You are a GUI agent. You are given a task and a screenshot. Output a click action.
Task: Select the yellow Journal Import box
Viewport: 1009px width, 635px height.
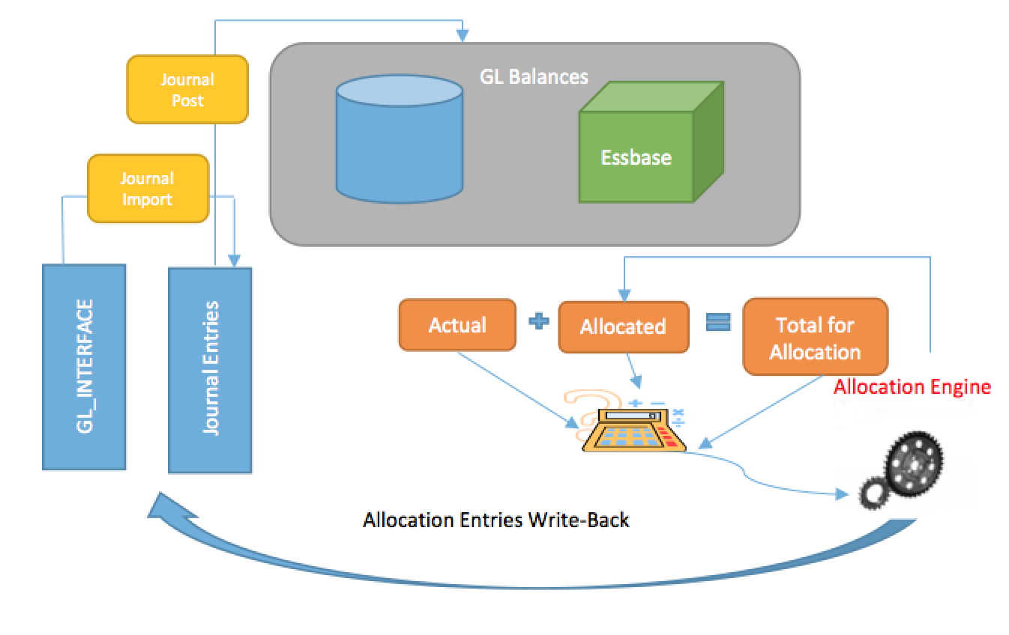pos(148,189)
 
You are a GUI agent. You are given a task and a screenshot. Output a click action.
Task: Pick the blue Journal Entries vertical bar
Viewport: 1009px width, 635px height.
pos(210,369)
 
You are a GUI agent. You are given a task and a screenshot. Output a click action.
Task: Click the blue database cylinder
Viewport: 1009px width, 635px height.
pos(398,139)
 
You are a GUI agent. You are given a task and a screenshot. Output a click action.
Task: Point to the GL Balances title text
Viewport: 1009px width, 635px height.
pos(533,76)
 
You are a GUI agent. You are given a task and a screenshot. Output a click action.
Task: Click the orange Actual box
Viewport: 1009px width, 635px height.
pos(457,325)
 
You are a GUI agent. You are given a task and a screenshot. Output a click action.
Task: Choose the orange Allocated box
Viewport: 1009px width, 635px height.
pos(623,326)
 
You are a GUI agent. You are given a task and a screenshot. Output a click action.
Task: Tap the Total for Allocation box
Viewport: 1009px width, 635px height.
pos(815,338)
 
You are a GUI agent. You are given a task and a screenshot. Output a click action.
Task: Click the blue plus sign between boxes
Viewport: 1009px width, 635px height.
pos(538,321)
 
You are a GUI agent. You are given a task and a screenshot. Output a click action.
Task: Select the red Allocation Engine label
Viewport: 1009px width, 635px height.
pos(912,387)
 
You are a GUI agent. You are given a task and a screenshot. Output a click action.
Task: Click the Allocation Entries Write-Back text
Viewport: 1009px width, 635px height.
pos(496,520)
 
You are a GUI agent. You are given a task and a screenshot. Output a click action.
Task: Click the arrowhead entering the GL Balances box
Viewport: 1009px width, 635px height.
pos(463,36)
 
